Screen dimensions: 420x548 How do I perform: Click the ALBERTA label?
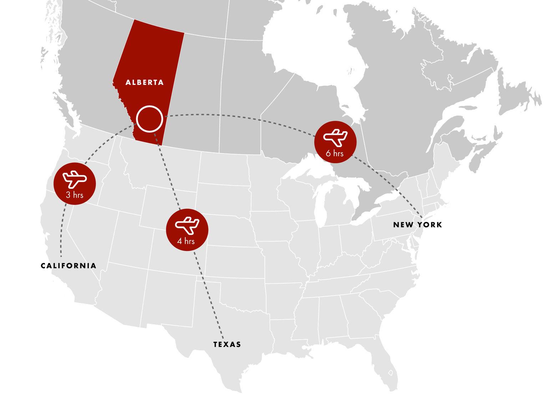tap(144, 82)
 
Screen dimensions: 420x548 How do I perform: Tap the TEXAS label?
tap(227, 344)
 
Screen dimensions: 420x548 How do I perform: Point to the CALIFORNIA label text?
tap(74, 266)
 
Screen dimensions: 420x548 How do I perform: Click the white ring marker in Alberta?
tap(149, 119)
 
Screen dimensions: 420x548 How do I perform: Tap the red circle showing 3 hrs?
tap(75, 183)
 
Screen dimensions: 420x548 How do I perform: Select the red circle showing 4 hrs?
tap(187, 229)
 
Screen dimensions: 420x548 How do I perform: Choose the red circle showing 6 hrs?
tap(335, 142)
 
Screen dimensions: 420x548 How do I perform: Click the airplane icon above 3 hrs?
tap(75, 179)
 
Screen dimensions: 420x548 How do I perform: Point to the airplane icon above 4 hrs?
tap(187, 225)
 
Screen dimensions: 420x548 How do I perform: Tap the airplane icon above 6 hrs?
tap(335, 137)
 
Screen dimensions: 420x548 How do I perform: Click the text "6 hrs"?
tap(335, 153)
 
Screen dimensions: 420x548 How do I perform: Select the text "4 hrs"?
tap(186, 241)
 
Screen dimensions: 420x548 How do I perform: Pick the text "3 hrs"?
tap(75, 195)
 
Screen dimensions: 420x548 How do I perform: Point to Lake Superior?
tap(310, 168)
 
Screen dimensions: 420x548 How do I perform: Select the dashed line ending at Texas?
tap(210, 303)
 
